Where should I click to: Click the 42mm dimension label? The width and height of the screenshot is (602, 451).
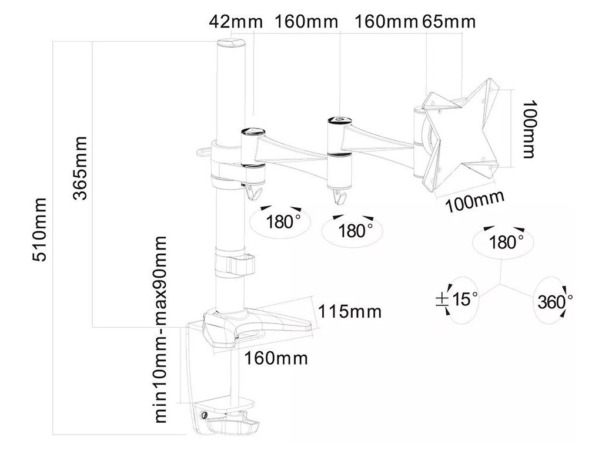(x=230, y=22)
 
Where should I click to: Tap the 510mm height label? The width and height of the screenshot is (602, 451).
(x=41, y=231)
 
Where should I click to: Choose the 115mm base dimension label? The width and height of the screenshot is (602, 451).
(x=350, y=311)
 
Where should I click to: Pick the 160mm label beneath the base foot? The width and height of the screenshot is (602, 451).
(x=276, y=358)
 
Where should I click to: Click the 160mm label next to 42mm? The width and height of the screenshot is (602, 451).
(x=307, y=22)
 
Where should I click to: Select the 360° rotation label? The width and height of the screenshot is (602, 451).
(x=554, y=301)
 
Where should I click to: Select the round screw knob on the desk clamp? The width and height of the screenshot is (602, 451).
(x=204, y=416)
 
